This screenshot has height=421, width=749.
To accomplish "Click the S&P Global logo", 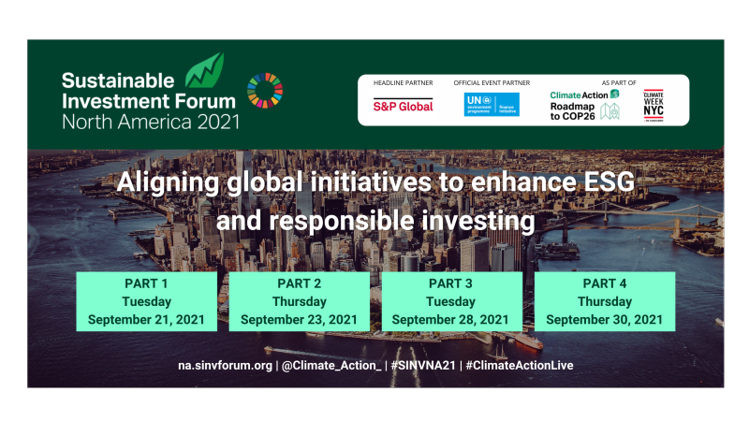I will point(404,106).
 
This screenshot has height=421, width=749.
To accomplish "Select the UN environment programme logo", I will point(492,104).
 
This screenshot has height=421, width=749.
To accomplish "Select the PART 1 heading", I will point(146,283).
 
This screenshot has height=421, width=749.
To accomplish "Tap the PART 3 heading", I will point(450,283).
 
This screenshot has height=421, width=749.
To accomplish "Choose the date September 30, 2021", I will point(604,319).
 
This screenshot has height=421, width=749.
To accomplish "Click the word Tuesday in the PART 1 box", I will point(146,301).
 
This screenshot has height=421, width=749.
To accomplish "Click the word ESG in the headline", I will point(607,182).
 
